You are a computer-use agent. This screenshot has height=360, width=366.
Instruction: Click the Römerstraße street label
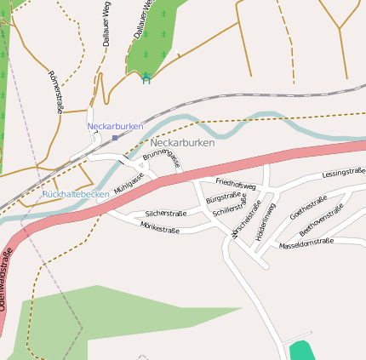tap(57, 92)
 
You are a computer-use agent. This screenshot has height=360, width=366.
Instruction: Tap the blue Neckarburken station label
tap(115, 126)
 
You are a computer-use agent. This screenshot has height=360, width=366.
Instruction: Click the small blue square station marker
tap(115, 137)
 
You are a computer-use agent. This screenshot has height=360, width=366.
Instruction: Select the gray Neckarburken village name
tap(182, 143)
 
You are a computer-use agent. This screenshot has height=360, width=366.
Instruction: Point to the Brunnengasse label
tap(162, 157)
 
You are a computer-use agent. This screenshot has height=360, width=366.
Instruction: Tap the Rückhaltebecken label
tap(76, 194)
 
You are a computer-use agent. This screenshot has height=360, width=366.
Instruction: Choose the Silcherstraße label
tap(166, 214)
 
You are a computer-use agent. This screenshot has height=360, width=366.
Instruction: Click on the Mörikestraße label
tap(160, 228)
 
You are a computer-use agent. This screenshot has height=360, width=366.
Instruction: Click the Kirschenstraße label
tap(245, 222)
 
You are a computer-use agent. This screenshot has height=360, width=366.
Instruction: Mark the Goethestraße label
tap(308, 207)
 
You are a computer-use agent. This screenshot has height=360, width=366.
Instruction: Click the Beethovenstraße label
tap(322, 220)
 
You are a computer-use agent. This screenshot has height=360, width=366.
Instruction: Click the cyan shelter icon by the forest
tap(146, 77)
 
